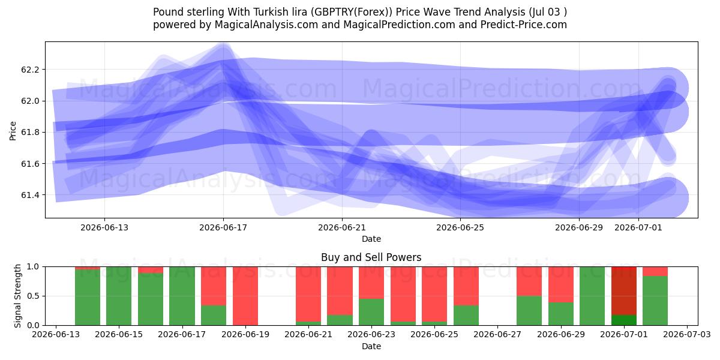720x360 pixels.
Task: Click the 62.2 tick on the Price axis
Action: pos(29,70)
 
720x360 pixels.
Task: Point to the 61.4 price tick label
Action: pos(29,195)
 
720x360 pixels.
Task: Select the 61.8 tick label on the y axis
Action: pos(29,133)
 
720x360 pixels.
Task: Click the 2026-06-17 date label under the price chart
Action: pos(223,227)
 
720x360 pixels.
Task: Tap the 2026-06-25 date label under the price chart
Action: pos(460,227)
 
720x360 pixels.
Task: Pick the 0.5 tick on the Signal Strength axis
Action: pos(33,296)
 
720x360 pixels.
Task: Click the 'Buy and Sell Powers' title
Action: pos(371,257)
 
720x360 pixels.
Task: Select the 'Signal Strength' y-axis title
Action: pos(17,296)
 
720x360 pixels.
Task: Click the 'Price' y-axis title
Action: pos(13,131)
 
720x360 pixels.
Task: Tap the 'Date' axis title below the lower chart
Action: pos(371,346)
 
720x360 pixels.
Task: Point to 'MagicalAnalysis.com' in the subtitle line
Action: pos(266,25)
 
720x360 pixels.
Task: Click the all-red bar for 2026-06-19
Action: pos(245,296)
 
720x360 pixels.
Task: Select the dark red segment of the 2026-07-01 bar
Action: pos(624,290)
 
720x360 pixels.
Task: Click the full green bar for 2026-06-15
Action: pos(119,296)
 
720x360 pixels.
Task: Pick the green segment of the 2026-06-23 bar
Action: pos(371,312)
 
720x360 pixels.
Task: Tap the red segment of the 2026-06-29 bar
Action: pos(561,284)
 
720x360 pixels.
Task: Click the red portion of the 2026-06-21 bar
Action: pos(308,294)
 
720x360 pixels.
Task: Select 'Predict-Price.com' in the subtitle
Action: pos(524,25)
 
